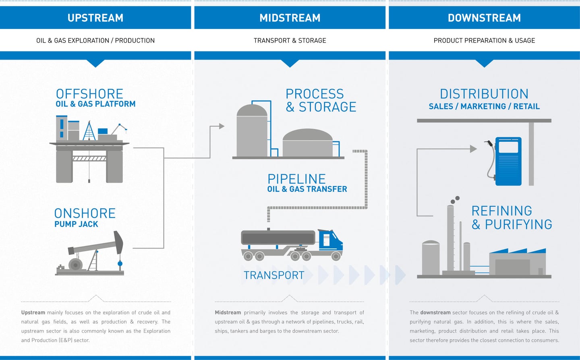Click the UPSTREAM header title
click(95, 18)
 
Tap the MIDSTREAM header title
click(290, 18)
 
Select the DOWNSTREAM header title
click(484, 18)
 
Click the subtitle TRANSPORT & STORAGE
click(290, 40)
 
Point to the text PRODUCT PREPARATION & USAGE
click(484, 40)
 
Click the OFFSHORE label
click(89, 94)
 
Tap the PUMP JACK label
click(76, 224)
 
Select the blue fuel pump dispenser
click(508, 161)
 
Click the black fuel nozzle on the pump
click(489, 143)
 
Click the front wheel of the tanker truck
click(336, 256)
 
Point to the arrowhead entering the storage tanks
click(222, 126)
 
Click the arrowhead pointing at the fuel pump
click(474, 149)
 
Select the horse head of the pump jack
click(118, 242)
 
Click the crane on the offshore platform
click(120, 128)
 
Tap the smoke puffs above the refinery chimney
click(455, 200)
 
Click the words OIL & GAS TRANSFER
click(307, 189)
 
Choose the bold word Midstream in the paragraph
click(228, 312)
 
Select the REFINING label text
click(501, 211)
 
